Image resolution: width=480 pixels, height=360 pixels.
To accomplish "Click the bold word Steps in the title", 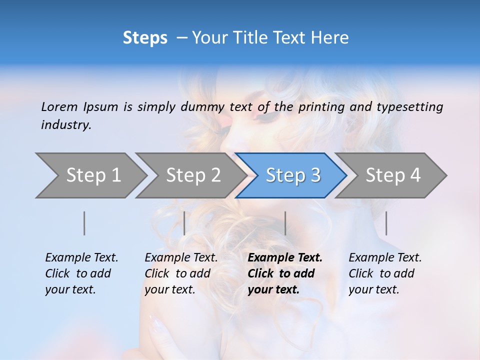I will click(145, 38).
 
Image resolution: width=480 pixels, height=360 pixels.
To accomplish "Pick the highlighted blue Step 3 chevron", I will click(293, 175).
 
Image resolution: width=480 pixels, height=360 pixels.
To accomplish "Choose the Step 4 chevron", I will click(393, 175).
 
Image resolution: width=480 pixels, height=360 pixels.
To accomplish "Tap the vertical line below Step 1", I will click(84, 223).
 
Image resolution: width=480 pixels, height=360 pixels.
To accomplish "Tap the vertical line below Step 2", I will click(184, 223).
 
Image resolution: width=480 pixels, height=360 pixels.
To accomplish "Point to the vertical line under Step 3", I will click(285, 223).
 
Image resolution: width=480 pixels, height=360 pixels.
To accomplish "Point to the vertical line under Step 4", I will click(386, 223).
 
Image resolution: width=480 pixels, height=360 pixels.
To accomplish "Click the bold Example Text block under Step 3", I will click(284, 273).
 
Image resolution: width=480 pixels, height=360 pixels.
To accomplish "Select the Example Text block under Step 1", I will click(81, 273).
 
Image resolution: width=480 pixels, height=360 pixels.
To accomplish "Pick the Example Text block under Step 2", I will click(181, 273).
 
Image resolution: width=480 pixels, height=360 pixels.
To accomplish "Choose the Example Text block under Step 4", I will click(385, 273).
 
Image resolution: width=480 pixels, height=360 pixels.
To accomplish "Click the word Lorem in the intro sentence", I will click(59, 106).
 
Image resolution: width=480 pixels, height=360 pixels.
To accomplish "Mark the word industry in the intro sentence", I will click(65, 125).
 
